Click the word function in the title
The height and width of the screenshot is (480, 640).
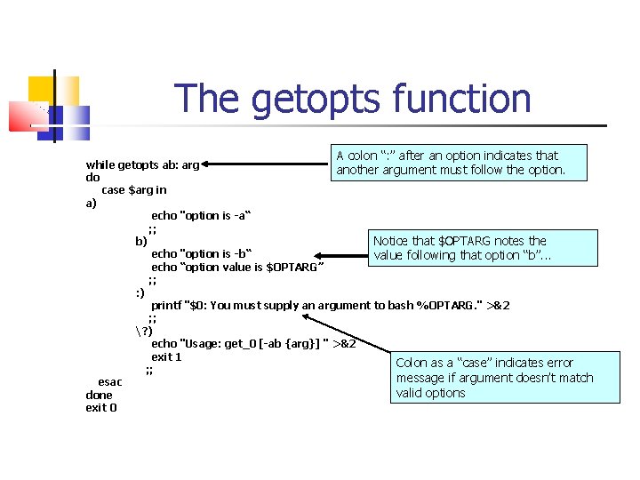(460, 99)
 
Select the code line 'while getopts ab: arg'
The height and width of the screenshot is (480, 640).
(142, 164)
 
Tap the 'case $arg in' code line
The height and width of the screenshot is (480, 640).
(134, 189)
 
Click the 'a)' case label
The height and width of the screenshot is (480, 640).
(91, 203)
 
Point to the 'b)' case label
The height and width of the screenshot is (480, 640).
(141, 241)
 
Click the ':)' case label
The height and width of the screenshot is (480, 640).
(140, 292)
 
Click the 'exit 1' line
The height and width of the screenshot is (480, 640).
(166, 357)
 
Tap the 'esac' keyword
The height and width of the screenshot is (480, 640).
(110, 382)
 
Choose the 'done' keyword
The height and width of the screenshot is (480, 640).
(100, 395)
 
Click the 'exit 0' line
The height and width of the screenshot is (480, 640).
(101, 408)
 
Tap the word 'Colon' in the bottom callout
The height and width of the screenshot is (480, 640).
(412, 363)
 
